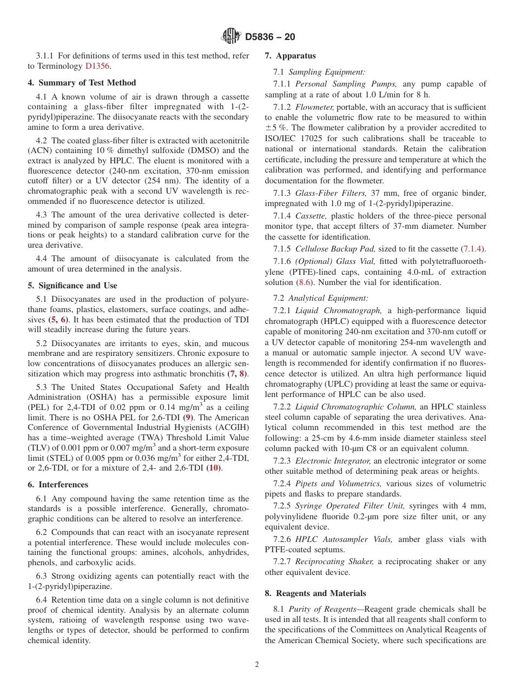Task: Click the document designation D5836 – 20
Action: (270, 37)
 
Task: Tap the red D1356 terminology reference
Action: (98, 66)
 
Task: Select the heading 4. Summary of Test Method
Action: (82, 83)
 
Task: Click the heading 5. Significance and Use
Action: (73, 286)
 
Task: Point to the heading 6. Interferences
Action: (58, 485)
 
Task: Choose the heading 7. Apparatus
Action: (290, 56)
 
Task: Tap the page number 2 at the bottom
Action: (257, 665)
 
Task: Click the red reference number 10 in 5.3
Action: (214, 468)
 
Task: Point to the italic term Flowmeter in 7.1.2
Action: (314, 107)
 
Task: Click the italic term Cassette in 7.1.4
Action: (311, 216)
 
